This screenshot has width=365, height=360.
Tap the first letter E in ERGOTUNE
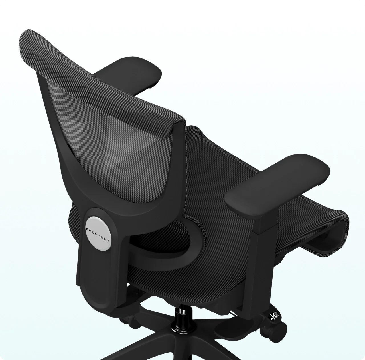87,229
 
